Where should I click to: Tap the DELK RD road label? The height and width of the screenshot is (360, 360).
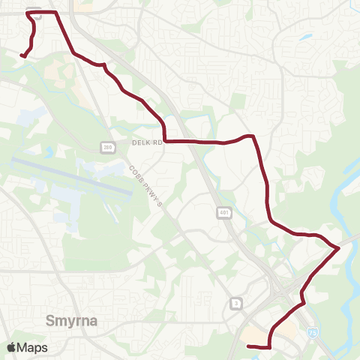pos(146,142)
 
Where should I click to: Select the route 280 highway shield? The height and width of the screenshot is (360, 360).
pos(107,148)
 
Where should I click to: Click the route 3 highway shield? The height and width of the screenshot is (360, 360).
pos(237,302)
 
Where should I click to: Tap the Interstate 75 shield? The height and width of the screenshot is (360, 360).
pos(312,330)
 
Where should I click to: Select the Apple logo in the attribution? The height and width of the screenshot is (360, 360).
pos(11,347)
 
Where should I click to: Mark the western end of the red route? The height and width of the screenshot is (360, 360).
pos(21,55)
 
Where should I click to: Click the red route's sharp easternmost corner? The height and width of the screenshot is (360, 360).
pos(339,247)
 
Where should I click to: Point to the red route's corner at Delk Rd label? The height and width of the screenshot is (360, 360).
pos(164,139)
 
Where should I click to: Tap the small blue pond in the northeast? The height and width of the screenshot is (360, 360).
pos(305,36)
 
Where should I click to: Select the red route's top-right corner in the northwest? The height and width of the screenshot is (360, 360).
pos(57,13)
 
